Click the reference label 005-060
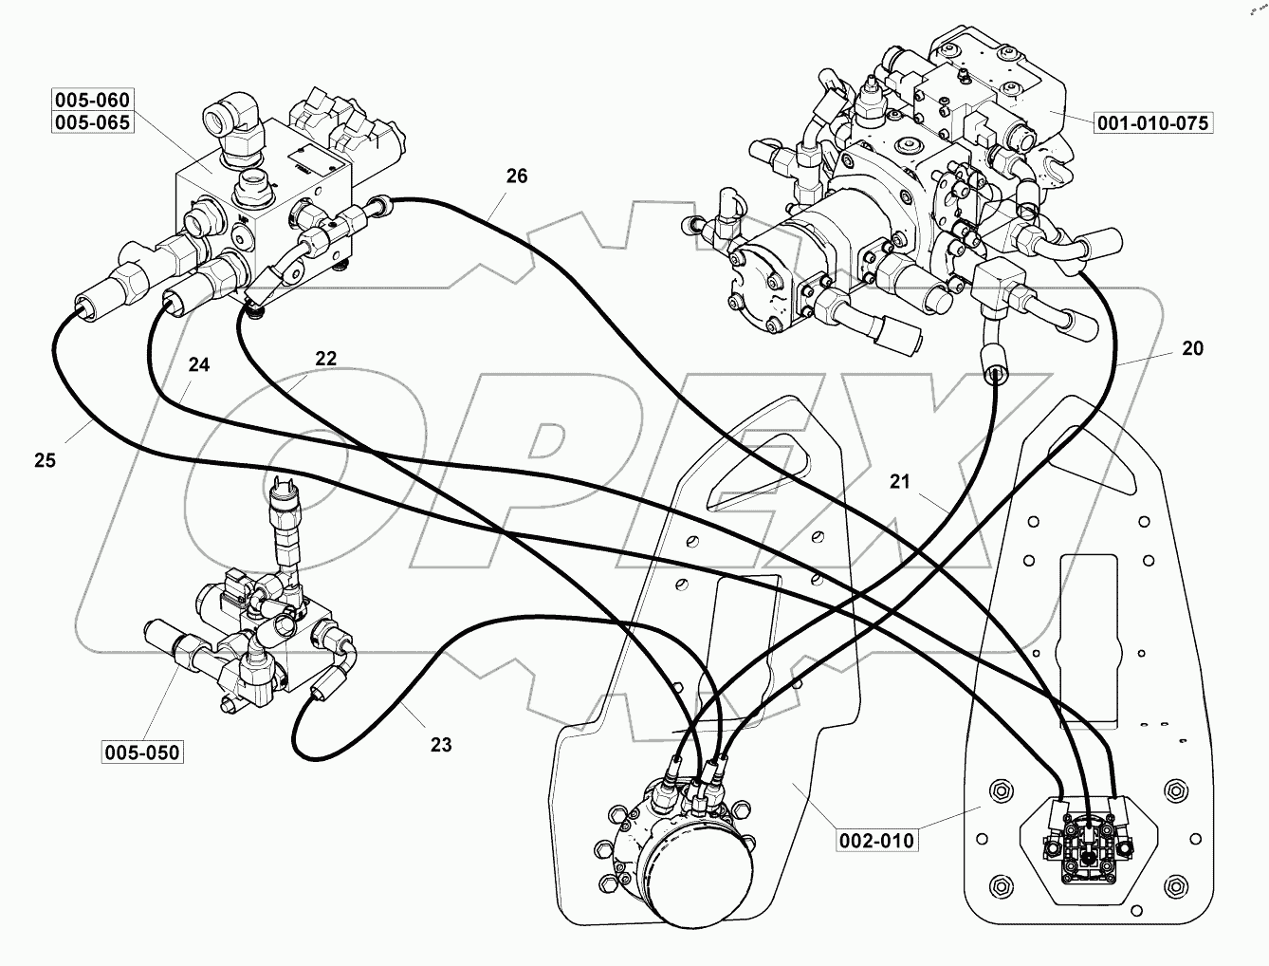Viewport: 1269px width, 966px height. (92, 100)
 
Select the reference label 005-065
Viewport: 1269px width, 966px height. (92, 122)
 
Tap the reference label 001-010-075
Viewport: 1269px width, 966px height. (1154, 122)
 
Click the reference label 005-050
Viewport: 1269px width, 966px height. (140, 752)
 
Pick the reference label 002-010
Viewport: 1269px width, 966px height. (877, 840)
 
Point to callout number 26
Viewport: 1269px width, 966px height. (516, 176)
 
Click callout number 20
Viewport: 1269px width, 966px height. (1192, 348)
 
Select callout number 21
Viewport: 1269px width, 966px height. (899, 482)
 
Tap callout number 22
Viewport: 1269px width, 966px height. (325, 358)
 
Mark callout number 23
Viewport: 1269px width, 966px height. (441, 745)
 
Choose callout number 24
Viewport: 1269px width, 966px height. (197, 363)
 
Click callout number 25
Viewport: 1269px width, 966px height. (45, 460)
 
